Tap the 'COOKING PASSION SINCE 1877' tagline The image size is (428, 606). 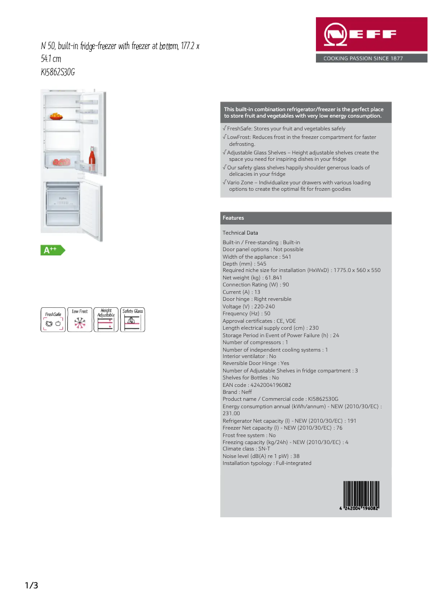(x=363, y=58)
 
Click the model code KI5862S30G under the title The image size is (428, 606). (x=58, y=73)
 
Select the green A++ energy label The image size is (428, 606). (x=52, y=250)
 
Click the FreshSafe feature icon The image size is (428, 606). (x=53, y=320)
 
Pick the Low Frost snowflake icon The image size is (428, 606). (x=80, y=320)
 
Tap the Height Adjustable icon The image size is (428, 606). (x=106, y=320)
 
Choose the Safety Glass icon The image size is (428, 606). (x=132, y=320)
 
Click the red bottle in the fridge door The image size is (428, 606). (x=92, y=159)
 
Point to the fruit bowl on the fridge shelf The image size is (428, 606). (x=57, y=115)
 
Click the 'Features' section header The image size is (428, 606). (x=233, y=218)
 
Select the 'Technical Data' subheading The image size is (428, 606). (x=240, y=233)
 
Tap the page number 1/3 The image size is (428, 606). (x=31, y=586)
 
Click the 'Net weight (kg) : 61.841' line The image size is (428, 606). (x=252, y=278)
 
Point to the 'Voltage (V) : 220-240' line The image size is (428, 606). (x=249, y=307)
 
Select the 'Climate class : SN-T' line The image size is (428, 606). (x=246, y=449)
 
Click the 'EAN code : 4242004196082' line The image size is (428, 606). (x=257, y=385)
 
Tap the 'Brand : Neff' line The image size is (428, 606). (x=237, y=392)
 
